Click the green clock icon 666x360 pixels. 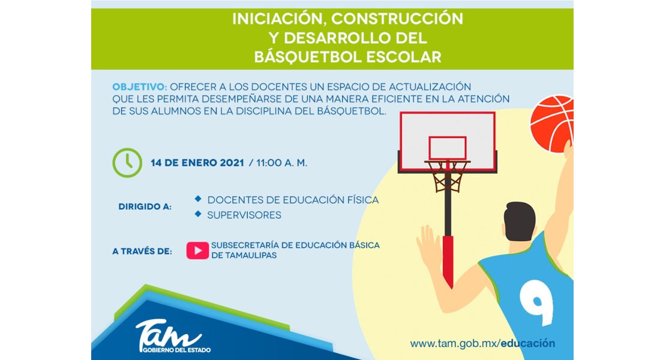(x=127, y=163)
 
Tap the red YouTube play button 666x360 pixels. (x=197, y=250)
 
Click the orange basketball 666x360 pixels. (x=552, y=124)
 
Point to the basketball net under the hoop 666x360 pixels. (x=447, y=176)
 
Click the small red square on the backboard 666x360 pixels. (x=447, y=148)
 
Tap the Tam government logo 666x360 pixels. (x=172, y=336)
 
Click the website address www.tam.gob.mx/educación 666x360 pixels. (x=482, y=343)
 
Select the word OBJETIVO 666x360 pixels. (x=139, y=87)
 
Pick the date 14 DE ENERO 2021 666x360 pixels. (x=197, y=163)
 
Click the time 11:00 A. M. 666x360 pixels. (x=281, y=163)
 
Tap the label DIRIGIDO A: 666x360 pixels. (x=145, y=207)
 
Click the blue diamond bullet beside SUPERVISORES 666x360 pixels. (x=198, y=214)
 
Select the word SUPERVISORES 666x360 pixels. (x=244, y=215)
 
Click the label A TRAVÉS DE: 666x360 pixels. (x=142, y=251)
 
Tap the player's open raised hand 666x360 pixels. (x=429, y=245)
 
